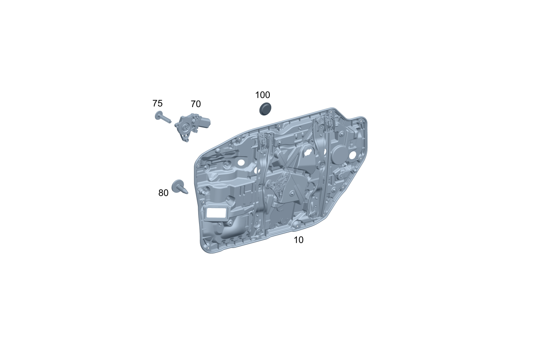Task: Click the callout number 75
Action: (x=157, y=103)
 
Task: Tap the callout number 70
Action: (x=196, y=104)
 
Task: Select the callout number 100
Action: (x=262, y=95)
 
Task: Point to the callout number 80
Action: (x=163, y=193)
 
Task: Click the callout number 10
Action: (x=298, y=240)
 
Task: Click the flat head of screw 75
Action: (x=159, y=115)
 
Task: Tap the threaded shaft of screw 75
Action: (x=166, y=119)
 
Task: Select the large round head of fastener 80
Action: (x=177, y=186)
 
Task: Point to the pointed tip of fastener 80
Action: (x=187, y=192)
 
